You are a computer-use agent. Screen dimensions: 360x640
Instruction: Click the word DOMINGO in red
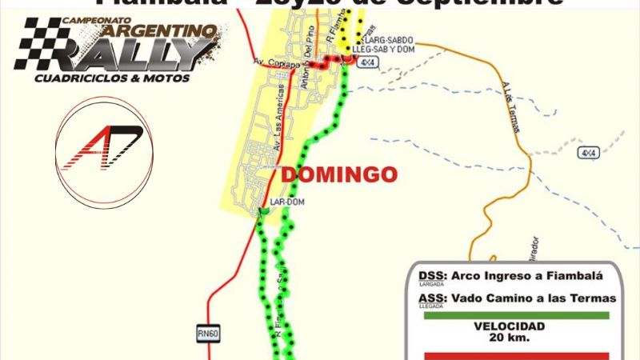click(x=338, y=174)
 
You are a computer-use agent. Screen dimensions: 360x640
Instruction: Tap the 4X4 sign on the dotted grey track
click(x=589, y=152)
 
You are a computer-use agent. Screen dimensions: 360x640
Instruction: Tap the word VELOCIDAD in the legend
click(x=510, y=326)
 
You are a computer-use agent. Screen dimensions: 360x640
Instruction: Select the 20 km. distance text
click(x=510, y=337)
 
